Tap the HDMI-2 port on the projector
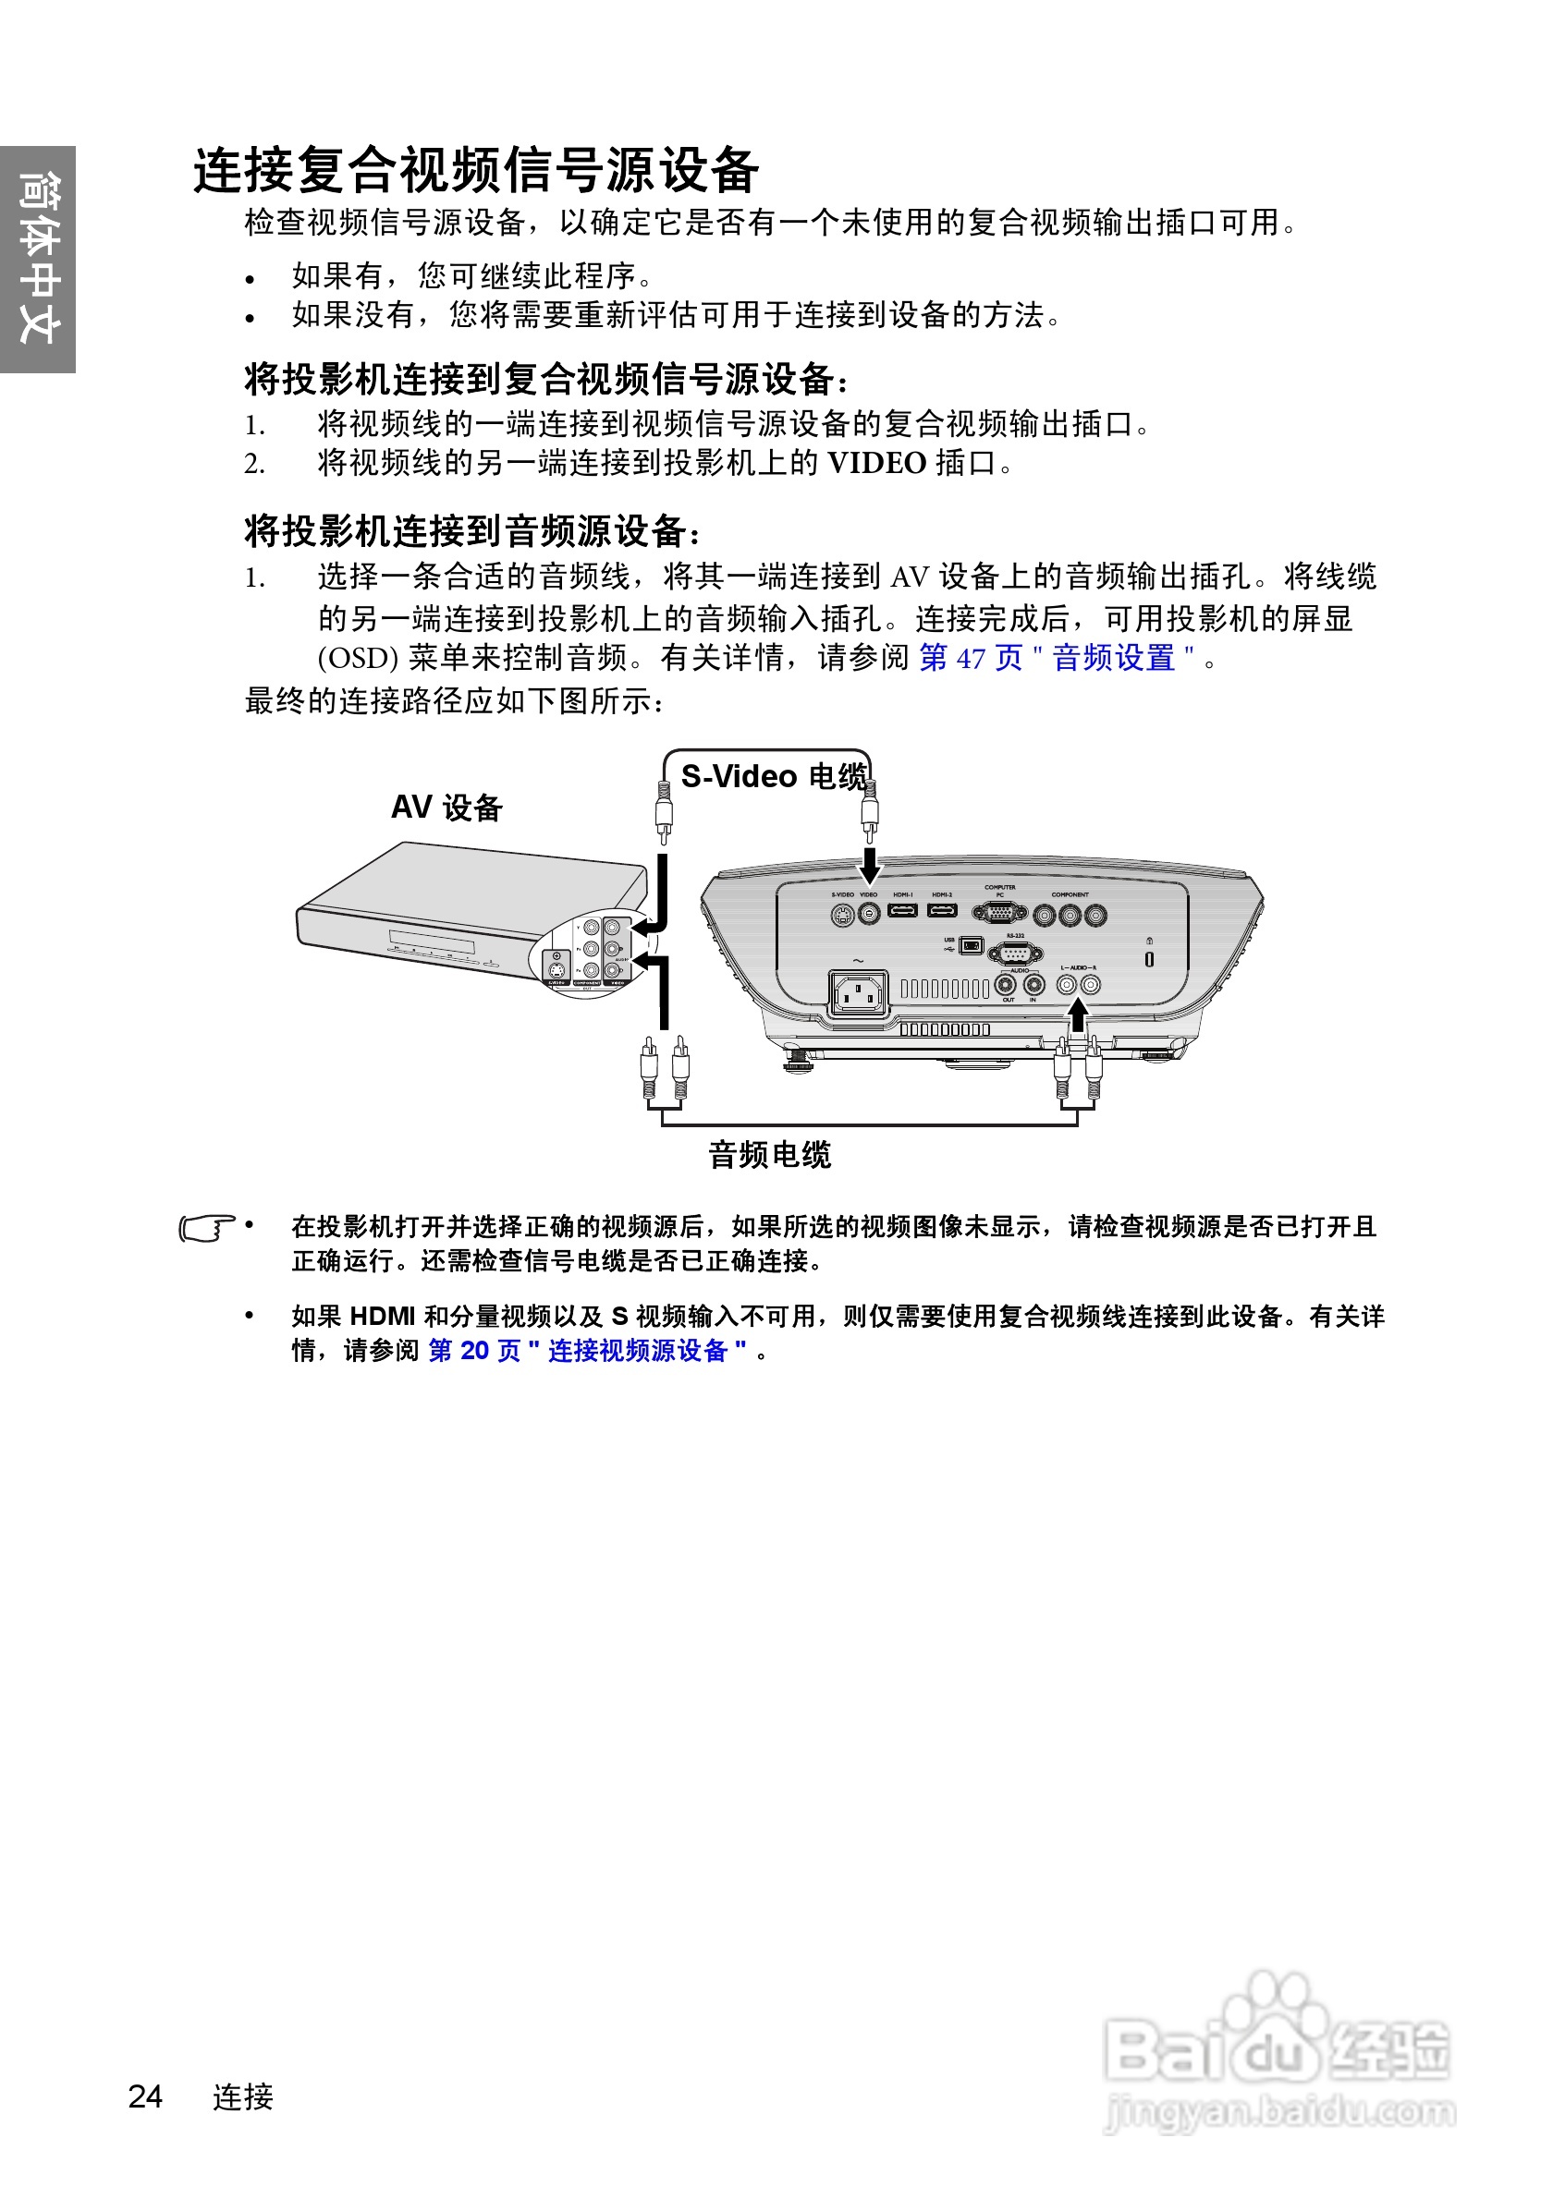(x=942, y=910)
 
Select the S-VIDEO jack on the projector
(x=842, y=915)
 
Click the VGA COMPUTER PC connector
(x=999, y=913)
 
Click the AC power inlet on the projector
(x=859, y=994)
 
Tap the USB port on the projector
(x=971, y=946)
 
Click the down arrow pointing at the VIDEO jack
(x=869, y=865)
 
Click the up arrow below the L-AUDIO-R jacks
(x=1079, y=1014)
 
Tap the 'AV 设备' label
(x=446, y=808)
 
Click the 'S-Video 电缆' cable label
(x=773, y=776)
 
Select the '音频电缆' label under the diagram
(x=769, y=1155)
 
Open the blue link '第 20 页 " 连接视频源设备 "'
(x=586, y=1351)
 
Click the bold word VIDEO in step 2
(x=876, y=464)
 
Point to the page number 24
(x=146, y=2096)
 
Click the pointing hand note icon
(x=207, y=1228)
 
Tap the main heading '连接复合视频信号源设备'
(x=476, y=171)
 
